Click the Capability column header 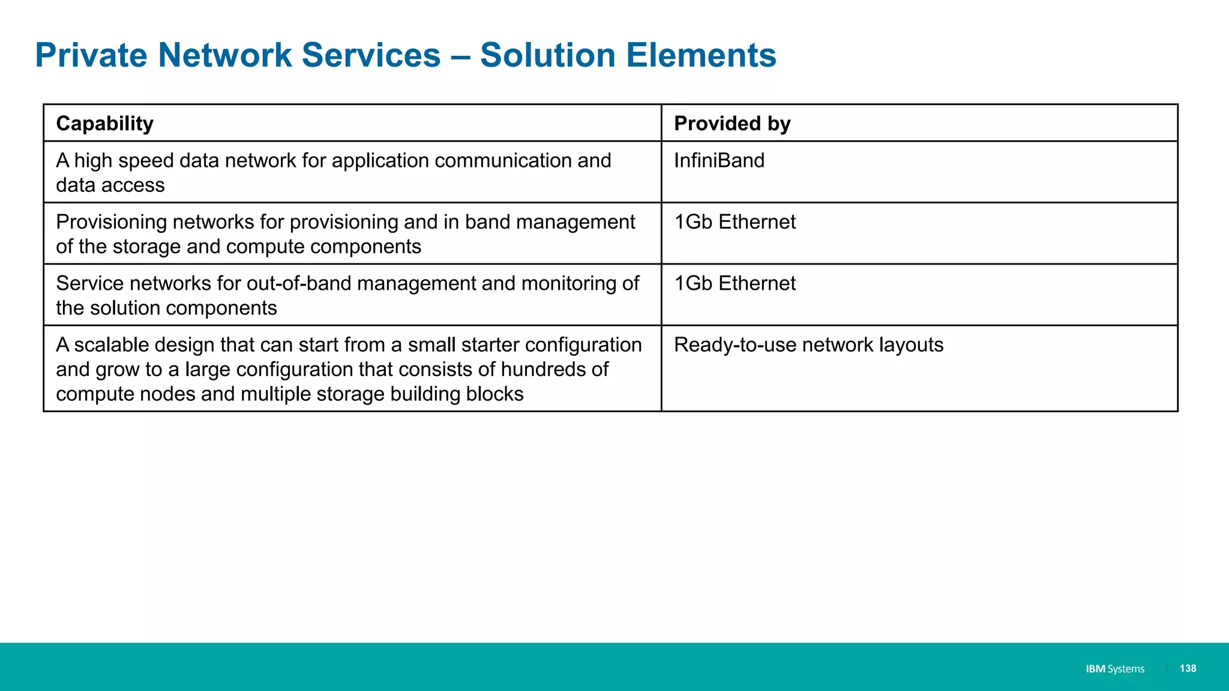[105, 124]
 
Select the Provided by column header [732, 124]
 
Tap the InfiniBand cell [719, 161]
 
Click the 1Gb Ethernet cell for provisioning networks [735, 222]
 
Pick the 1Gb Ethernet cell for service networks [735, 283]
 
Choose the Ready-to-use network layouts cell [808, 345]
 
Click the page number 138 [1188, 668]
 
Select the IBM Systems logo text [1114, 669]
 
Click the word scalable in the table [110, 345]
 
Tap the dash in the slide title [460, 56]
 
